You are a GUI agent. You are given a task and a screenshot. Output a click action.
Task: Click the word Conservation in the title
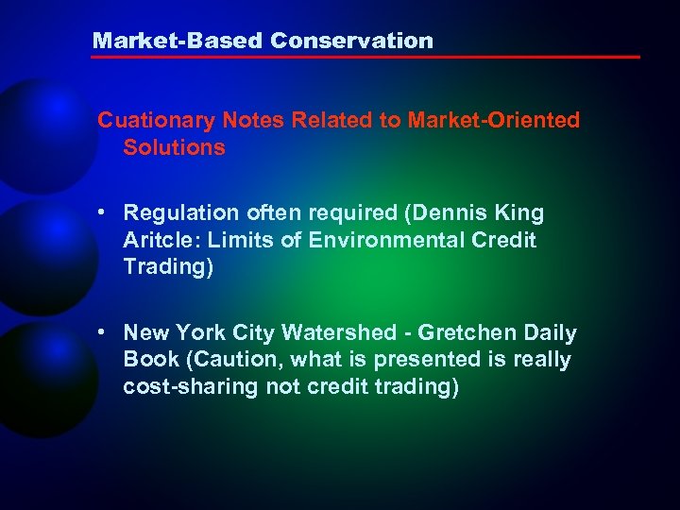tap(351, 41)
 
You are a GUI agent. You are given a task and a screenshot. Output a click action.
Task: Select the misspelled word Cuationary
tap(157, 121)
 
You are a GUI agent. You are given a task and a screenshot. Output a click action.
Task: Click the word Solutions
tap(174, 147)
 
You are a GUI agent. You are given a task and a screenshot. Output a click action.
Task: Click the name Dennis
tap(455, 213)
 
